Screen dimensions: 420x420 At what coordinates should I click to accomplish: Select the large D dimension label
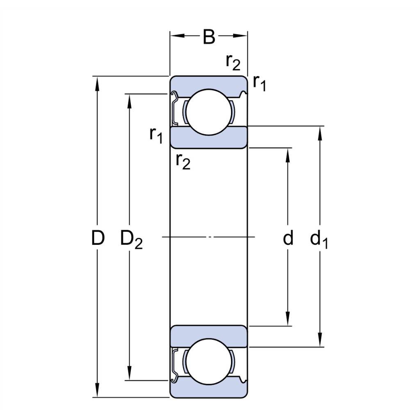coord(98,237)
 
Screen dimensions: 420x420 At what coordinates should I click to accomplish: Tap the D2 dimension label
coord(131,239)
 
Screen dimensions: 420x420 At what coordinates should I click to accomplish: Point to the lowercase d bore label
coord(288,237)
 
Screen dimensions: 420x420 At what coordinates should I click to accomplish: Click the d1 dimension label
coord(319,239)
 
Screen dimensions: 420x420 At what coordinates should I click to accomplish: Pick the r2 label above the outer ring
coord(233,63)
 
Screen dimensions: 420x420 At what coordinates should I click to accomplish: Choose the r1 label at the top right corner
coord(259,83)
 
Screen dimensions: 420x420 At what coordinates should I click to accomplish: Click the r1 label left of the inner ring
coord(156,135)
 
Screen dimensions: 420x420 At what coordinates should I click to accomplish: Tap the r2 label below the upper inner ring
coord(183,162)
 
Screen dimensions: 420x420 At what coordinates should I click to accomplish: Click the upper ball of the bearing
coord(209,112)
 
